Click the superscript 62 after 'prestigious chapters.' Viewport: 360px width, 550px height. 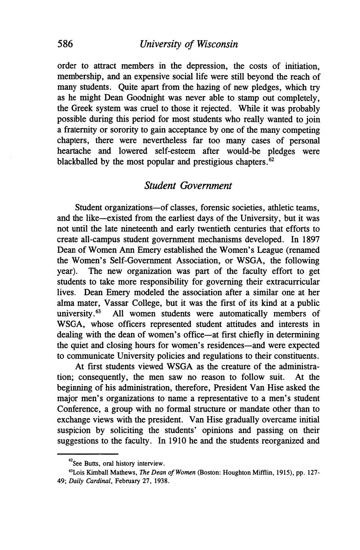tap(271, 160)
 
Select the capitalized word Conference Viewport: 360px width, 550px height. tap(76, 409)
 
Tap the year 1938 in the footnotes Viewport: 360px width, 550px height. tap(161, 481)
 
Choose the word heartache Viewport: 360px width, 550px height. tap(74, 152)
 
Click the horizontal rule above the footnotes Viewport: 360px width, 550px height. tap(88, 454)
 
